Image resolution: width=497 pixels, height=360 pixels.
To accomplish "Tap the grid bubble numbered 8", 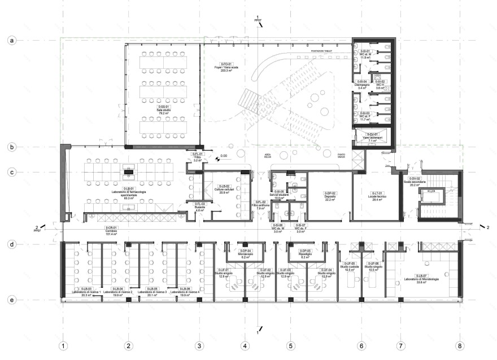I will pos(460,345).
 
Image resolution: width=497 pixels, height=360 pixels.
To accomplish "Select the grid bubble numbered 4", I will pos(245,345).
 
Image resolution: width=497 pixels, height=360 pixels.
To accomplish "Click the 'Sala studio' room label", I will pos(163,109).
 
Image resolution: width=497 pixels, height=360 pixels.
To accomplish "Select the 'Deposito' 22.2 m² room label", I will pos(330,196).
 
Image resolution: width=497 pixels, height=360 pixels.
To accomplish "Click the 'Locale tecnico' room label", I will pos(378,196).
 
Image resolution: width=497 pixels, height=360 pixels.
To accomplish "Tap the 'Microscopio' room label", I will pos(245,253).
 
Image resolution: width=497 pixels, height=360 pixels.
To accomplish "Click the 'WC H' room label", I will pos(380,85).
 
